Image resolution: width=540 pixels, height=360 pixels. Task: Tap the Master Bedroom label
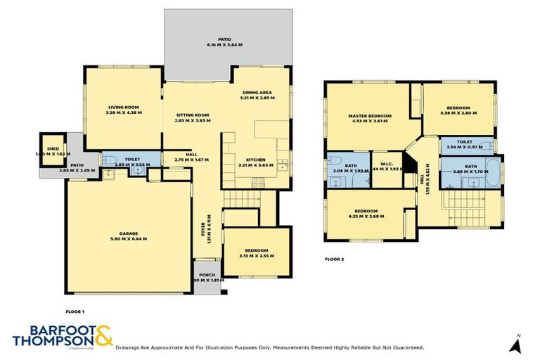coord(369,115)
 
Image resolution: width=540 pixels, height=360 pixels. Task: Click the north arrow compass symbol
coord(517,345)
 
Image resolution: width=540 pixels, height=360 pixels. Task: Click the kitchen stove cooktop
coord(258,181)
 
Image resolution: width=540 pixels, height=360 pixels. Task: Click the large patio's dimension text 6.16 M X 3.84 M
coord(224,45)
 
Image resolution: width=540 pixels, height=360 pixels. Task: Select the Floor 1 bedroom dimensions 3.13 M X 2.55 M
coord(255,256)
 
